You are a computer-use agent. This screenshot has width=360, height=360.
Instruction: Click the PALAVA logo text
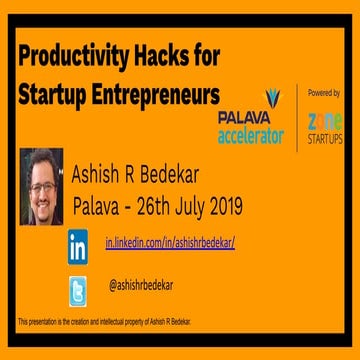[245, 117]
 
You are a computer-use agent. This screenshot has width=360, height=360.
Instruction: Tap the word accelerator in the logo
[250, 135]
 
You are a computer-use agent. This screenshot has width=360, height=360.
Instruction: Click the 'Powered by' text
[323, 92]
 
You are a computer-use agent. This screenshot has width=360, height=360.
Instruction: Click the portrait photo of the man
[41, 186]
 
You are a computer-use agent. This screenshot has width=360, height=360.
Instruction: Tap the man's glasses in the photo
[41, 178]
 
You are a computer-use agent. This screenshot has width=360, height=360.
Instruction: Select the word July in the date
[200, 207]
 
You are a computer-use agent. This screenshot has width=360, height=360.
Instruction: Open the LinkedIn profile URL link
[170, 243]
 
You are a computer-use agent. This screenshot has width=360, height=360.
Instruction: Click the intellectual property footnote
[105, 321]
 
